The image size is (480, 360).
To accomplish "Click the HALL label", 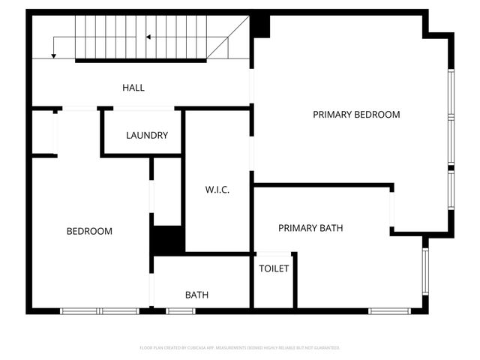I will coord(133,88).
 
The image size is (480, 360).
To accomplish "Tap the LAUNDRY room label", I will coord(147,136).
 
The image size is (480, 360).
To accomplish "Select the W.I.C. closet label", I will coord(217,190).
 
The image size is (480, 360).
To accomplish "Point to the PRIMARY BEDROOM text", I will coord(356,115).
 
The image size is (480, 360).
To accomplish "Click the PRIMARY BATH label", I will coord(310,228).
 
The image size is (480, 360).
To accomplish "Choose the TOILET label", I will coord(274,268).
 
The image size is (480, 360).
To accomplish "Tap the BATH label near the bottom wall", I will coord(196,295).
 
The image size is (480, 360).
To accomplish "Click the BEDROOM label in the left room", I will coord(89,231).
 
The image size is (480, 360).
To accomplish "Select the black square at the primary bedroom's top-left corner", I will coord(260,27).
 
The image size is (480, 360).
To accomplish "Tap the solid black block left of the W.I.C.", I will coord(169,240).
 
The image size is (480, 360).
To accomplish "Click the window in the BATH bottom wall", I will coord(180,310).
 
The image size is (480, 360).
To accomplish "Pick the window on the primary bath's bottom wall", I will coord(389,310).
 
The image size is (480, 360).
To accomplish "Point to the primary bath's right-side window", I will coord(425,271).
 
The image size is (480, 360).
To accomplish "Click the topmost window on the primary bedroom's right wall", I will coord(451,93).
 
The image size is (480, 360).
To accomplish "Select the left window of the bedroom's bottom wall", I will coord(79,310).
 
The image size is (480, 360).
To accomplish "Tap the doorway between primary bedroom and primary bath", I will coord(391,210).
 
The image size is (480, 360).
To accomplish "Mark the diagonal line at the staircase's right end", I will coord(228,37).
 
